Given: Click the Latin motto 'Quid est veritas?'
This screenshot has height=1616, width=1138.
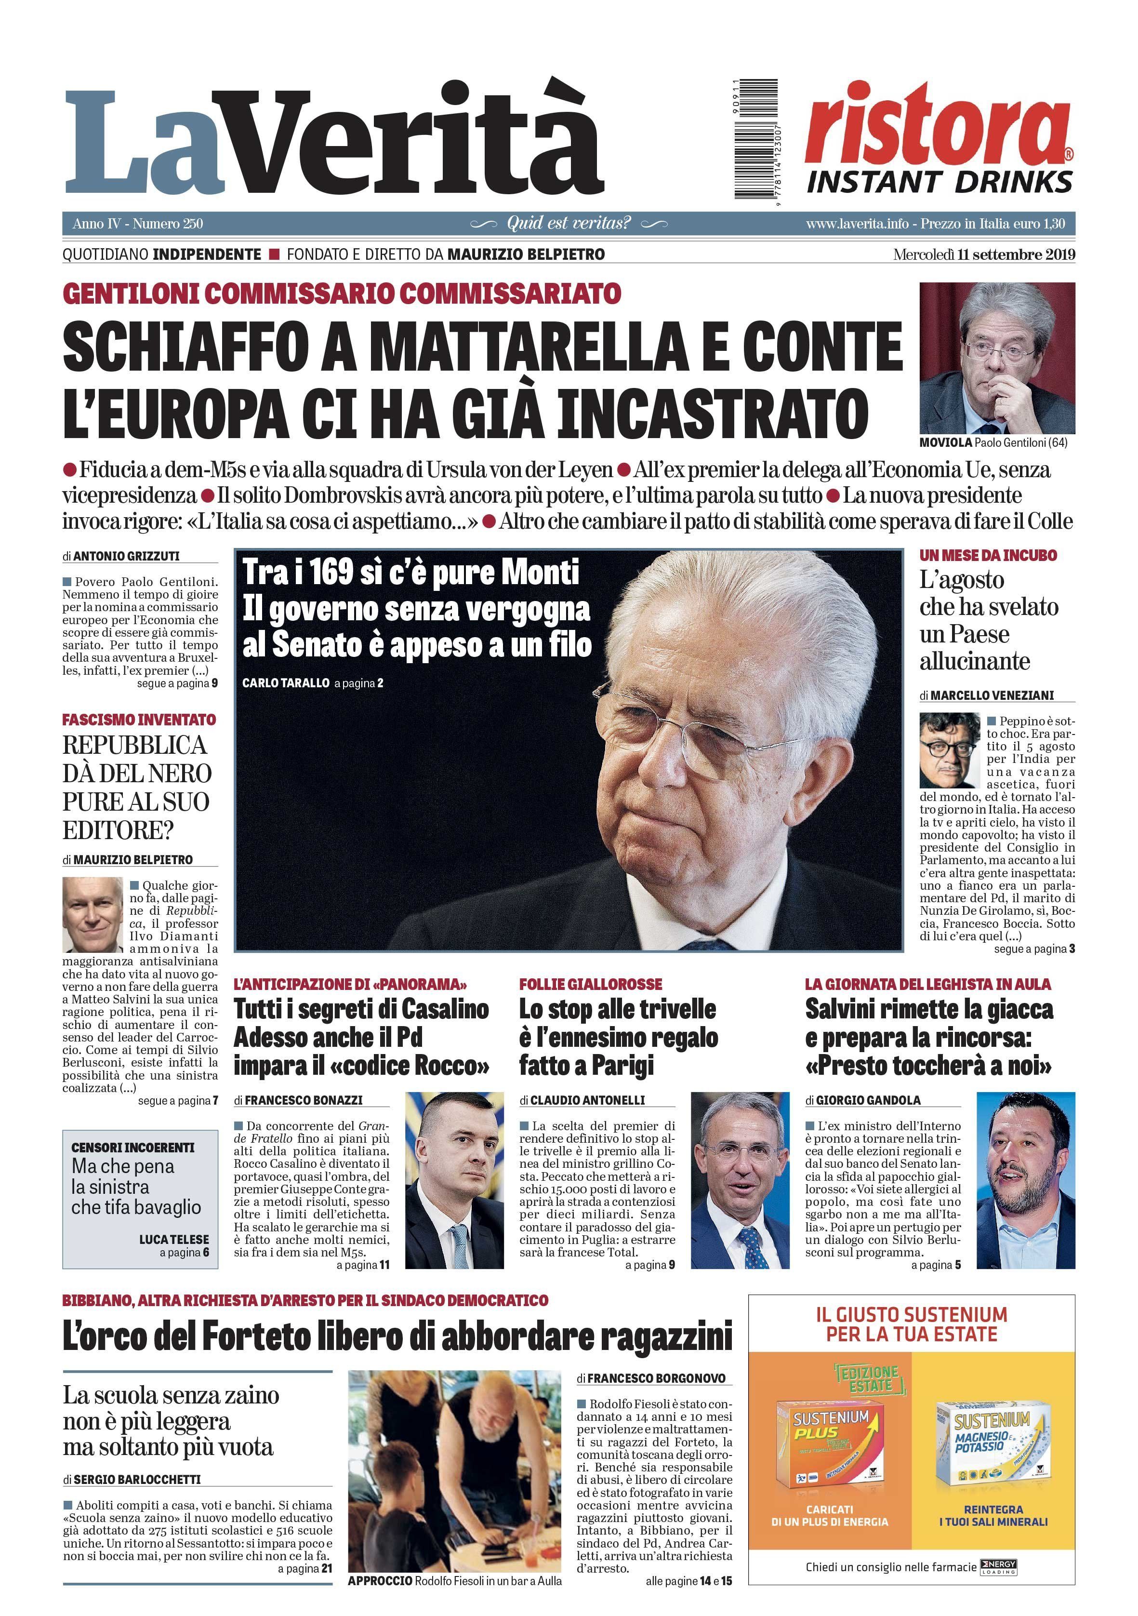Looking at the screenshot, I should (x=569, y=224).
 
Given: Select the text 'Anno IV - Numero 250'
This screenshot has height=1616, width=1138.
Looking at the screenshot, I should (x=137, y=224).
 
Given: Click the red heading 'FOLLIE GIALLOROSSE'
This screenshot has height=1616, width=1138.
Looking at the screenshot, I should (x=591, y=984).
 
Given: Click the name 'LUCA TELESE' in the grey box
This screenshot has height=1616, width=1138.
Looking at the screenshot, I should (x=174, y=1240).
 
